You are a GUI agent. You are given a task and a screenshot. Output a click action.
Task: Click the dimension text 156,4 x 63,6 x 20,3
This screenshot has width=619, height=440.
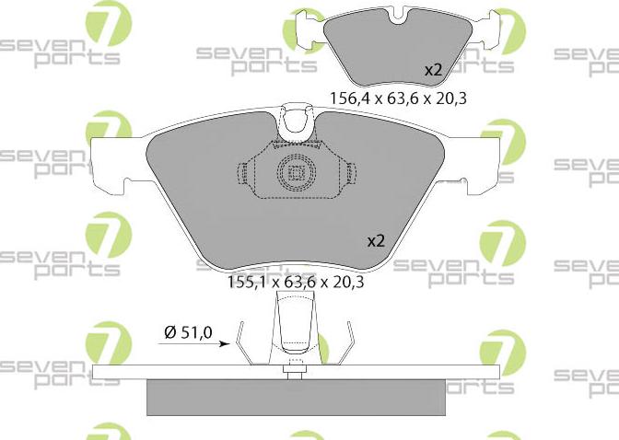(398, 98)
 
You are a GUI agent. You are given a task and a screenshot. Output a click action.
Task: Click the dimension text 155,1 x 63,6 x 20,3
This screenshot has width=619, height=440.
(296, 282)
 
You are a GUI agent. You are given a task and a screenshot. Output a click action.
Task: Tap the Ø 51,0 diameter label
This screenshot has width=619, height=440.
(188, 332)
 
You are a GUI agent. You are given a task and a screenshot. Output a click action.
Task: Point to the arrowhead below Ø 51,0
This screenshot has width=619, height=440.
(225, 343)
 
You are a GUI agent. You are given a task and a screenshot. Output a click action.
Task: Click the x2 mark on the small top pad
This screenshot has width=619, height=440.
(433, 71)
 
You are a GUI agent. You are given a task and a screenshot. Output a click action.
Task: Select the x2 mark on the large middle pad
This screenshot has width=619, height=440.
(376, 241)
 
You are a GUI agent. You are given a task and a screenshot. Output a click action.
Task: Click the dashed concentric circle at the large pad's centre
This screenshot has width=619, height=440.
(296, 173)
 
